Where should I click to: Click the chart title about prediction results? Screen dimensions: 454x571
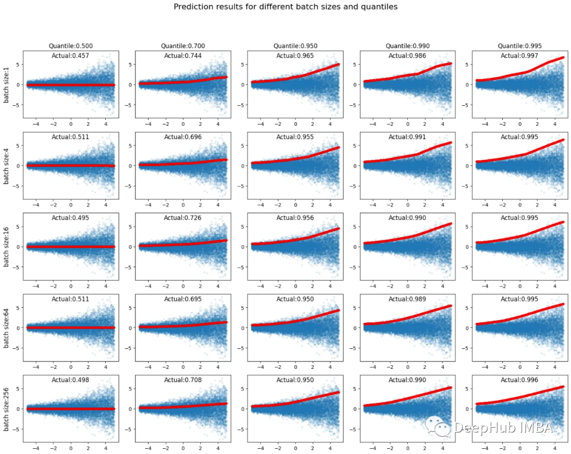(x=285, y=7)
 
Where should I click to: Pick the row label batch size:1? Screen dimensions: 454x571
(x=7, y=85)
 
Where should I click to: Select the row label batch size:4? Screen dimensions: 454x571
(x=7, y=165)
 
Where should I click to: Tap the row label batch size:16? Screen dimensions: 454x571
(x=7, y=247)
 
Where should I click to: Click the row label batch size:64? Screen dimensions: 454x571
(x=7, y=328)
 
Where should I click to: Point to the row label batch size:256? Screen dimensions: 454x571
(x=7, y=409)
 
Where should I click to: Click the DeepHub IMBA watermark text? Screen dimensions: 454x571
(x=502, y=428)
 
